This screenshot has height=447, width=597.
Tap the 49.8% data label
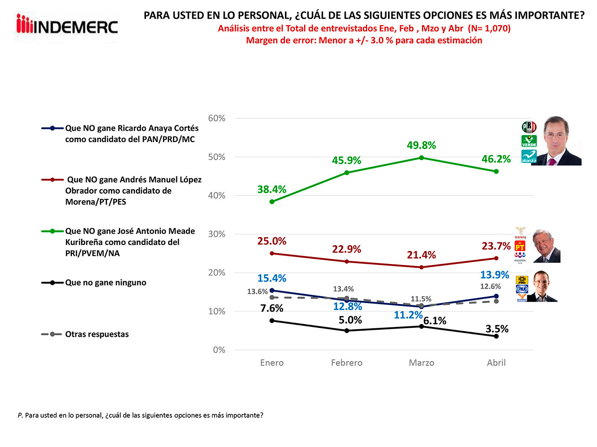click(x=421, y=145)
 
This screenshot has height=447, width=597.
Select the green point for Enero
click(x=272, y=202)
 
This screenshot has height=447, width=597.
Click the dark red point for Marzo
click(x=422, y=267)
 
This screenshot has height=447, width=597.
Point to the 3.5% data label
click(x=497, y=329)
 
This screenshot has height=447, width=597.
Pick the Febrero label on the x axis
click(x=347, y=363)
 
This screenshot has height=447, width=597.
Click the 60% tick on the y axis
click(x=217, y=118)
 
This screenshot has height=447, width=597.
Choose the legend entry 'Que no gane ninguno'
click(x=105, y=283)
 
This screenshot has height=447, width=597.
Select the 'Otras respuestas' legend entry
click(x=97, y=334)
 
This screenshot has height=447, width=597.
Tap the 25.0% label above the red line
click(x=272, y=241)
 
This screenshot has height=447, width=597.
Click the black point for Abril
click(x=496, y=336)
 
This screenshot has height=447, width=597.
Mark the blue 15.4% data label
click(x=272, y=278)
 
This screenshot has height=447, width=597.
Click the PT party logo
click(x=520, y=247)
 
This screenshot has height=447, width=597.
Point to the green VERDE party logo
click(x=529, y=141)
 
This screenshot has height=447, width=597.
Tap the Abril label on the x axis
click(x=496, y=363)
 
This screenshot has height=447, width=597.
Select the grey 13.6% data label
click(x=257, y=292)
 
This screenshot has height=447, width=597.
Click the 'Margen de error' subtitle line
click(x=364, y=41)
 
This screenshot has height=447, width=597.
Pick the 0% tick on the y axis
click(x=219, y=350)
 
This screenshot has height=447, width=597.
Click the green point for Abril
click(x=496, y=171)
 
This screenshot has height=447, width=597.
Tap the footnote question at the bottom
click(x=140, y=415)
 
